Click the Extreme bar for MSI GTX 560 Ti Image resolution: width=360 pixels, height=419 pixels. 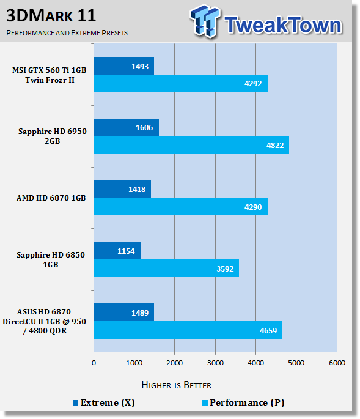pos(124,65)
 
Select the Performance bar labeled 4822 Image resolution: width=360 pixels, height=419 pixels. pos(191,145)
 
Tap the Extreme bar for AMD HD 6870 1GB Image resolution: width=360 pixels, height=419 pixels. pos(122,189)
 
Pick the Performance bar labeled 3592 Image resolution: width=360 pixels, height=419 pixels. pos(166,269)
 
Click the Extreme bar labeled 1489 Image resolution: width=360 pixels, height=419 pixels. pos(124,313)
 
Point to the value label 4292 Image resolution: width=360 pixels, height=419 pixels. pos(253,84)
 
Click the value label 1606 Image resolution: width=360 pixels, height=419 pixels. pos(144,128)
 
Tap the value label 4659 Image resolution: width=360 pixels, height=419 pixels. pos(268,331)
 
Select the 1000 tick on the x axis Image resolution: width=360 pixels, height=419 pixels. pos(134,363)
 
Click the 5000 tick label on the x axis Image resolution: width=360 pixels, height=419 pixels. pos(296,363)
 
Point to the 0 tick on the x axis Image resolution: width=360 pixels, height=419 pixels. pos(94,363)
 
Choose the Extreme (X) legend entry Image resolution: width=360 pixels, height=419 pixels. pos(104,402)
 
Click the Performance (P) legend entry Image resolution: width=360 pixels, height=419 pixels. pos(243,402)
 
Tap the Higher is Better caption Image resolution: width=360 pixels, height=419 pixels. pos(176,385)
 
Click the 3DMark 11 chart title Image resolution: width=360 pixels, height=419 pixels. pos(51,15)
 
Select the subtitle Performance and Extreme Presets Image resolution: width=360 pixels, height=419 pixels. pos(67,33)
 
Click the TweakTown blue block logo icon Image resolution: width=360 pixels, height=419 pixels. pos(205,21)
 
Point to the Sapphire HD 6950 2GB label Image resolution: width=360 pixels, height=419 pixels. pos(53,136)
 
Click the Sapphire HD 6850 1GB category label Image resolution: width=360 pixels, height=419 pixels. pos(51,259)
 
